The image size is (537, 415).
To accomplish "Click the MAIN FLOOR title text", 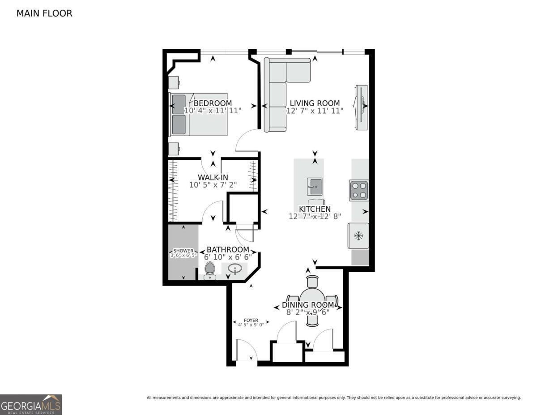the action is coord(44,13).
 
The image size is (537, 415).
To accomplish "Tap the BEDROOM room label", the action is coord(213,103).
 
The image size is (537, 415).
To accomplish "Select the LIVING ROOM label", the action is coord(315,103).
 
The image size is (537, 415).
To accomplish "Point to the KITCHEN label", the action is coord(315,209).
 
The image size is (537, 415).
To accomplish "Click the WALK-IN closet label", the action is coord(213,177).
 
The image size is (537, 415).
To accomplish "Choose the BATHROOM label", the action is coord(228,249).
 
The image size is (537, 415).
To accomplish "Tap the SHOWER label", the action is coord(183,251).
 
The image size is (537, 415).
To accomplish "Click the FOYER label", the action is coord(251,321).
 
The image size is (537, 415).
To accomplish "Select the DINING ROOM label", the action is coord(308,305).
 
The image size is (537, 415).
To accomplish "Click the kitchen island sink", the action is coord(315,187).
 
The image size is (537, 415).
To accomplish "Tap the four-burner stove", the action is coord(359,190).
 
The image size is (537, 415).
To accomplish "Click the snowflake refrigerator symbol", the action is coord(358,236).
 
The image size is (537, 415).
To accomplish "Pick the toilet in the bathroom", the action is coord(210,271).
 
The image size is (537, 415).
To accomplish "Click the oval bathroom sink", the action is coord(234,269).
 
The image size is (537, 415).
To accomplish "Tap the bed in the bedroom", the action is coord(198,115).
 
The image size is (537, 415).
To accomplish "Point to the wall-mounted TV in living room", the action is coord(361,107).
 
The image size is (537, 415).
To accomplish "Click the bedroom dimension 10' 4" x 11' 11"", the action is coord(213,111).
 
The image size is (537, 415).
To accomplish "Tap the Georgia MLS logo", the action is coord(30,405).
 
